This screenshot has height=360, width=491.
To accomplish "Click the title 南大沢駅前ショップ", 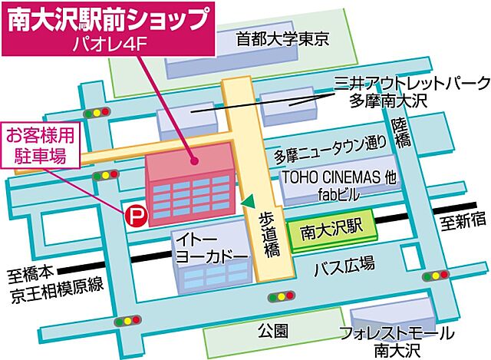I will coord(107,19).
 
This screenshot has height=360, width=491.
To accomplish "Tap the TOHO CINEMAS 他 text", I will coord(340,177).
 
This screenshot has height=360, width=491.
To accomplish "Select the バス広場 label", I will coord(345,266).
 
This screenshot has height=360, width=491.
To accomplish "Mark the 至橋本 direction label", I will coord(31,272).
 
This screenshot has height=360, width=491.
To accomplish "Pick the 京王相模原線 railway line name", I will coord(49,289).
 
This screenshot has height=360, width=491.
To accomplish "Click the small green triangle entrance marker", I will coord(247,201).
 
